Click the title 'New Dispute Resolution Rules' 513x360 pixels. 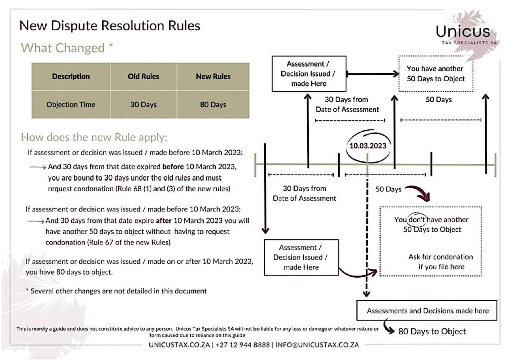coord(109,25)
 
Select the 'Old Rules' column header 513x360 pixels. coord(143,76)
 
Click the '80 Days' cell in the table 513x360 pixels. coord(211,105)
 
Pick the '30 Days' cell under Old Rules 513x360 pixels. coord(143,105)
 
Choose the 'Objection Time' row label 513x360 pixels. coord(71,105)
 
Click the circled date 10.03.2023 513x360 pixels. coord(368,145)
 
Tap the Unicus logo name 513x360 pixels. coord(463,32)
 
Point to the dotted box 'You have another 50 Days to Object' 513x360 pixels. coord(435,73)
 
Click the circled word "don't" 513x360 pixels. coord(416,220)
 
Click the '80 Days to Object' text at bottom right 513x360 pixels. coord(432,331)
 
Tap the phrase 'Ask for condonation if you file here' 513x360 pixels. coord(440,262)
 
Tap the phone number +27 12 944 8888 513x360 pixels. coord(242,345)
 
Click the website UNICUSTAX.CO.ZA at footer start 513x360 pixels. coord(180,345)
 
